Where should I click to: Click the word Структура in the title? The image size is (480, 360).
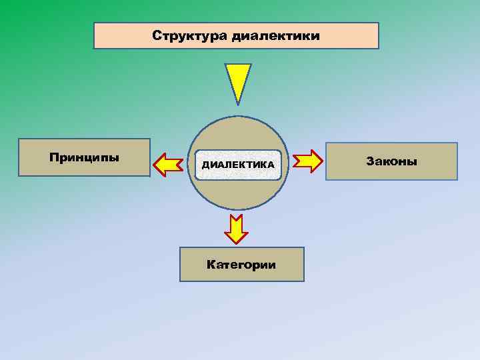[190, 35]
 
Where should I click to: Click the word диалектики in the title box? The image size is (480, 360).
[276, 35]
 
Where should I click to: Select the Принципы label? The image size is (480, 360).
[84, 158]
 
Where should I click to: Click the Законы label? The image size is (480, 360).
[391, 161]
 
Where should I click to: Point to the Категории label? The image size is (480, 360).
[241, 265]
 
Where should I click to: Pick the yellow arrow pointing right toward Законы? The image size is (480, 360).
[307, 161]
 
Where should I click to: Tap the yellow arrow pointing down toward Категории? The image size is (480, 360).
[236, 229]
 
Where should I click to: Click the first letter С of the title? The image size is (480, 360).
[157, 35]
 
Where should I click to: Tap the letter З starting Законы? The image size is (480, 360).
[369, 161]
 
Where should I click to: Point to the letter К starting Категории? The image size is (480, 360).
[211, 265]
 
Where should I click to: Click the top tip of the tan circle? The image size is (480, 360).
[238, 117]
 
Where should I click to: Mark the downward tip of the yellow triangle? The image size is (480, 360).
[238, 104]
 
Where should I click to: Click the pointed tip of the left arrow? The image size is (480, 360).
[155, 163]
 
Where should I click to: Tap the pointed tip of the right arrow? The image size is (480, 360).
[322, 161]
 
